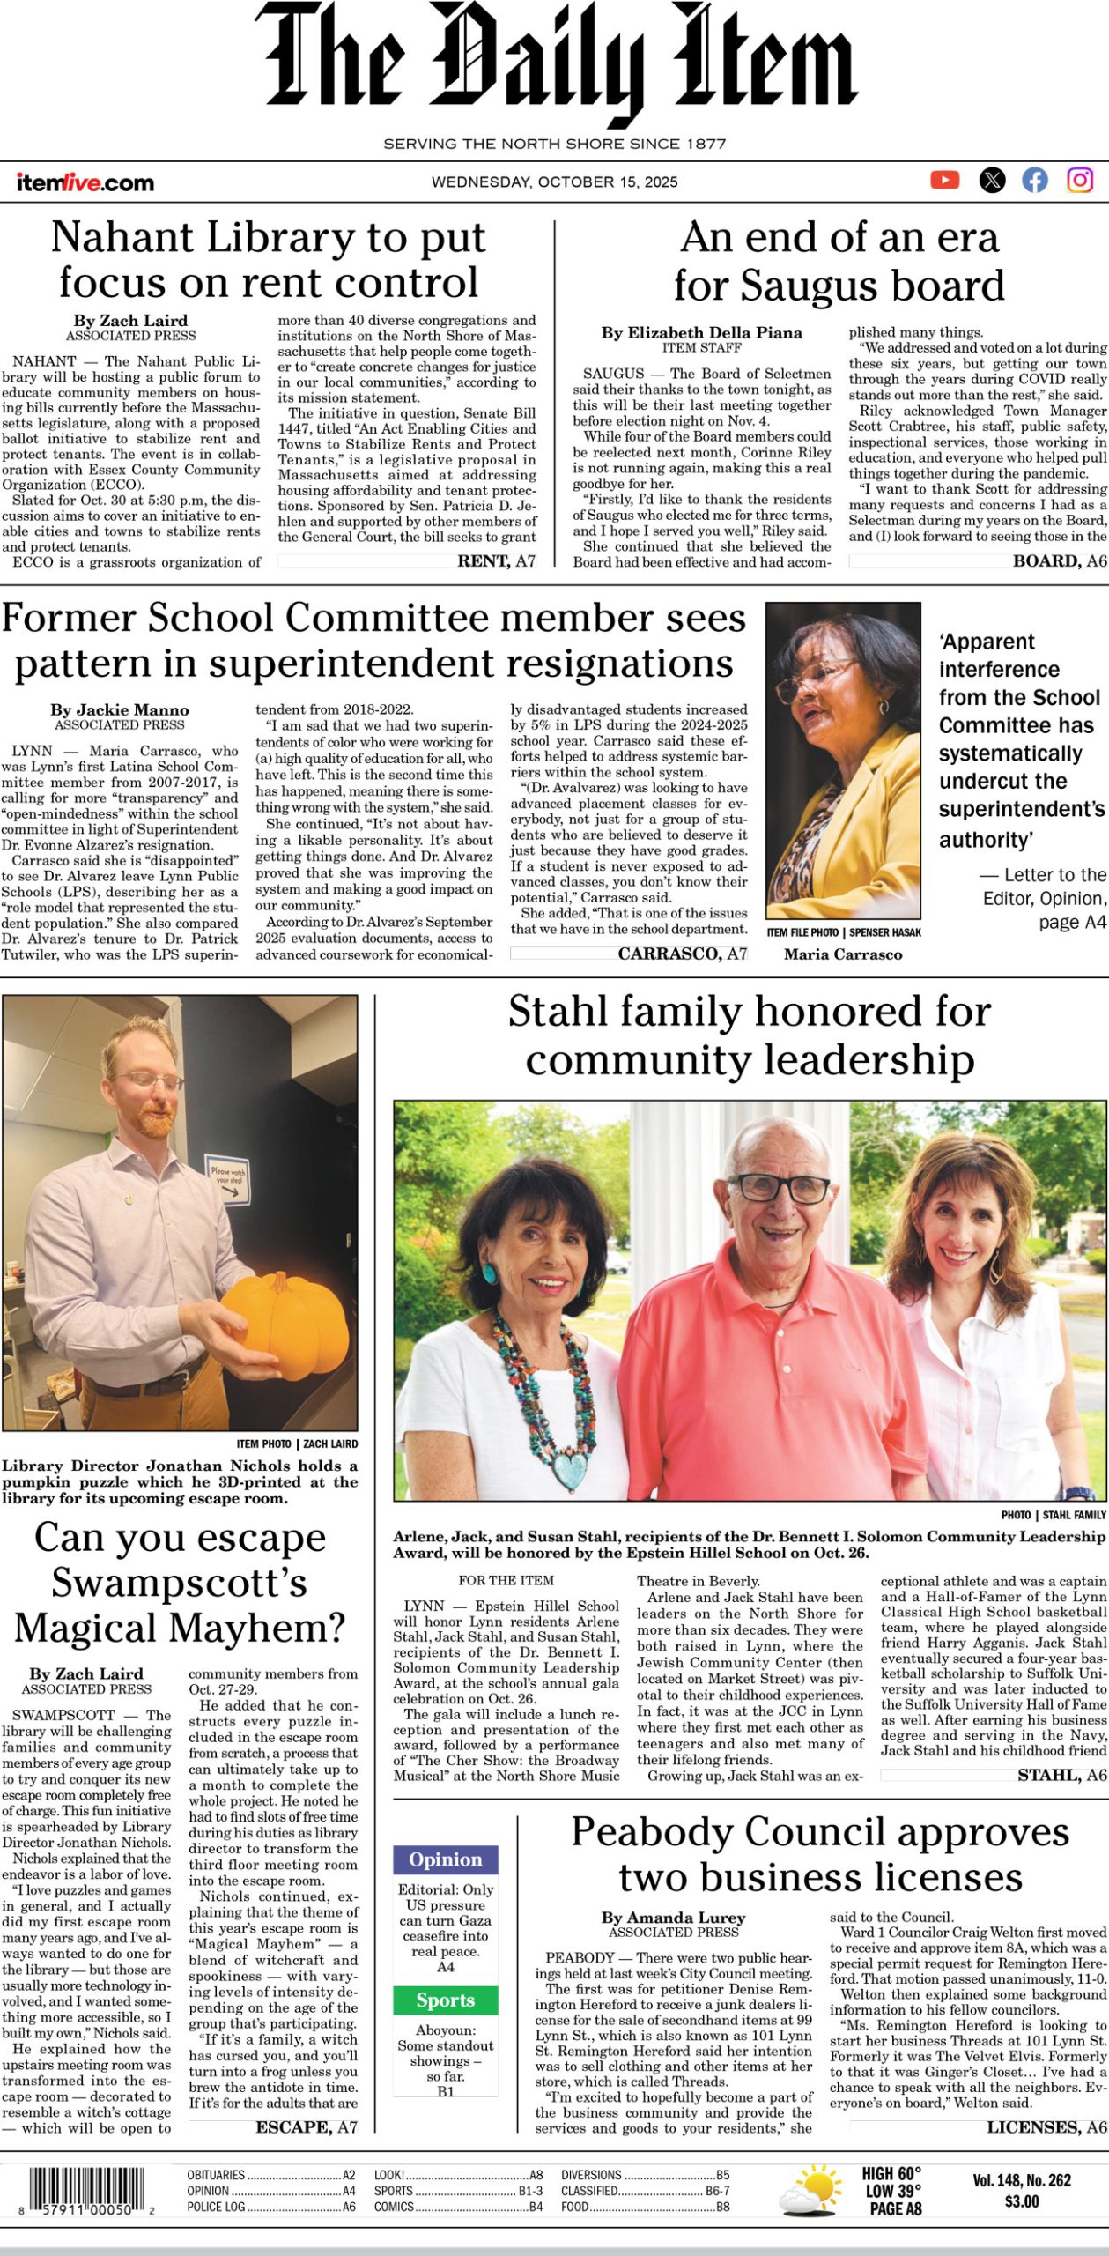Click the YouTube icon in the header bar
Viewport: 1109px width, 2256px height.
pyautogui.click(x=944, y=181)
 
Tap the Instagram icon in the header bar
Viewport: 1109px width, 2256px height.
pyautogui.click(x=1080, y=181)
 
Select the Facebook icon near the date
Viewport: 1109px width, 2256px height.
pyautogui.click(x=1035, y=181)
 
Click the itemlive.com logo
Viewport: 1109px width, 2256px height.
pyautogui.click(x=85, y=183)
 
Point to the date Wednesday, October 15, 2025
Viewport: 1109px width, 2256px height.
pyautogui.click(x=554, y=182)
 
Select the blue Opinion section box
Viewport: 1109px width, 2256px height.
pyautogui.click(x=446, y=1860)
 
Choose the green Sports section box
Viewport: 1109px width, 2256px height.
pyautogui.click(x=446, y=2000)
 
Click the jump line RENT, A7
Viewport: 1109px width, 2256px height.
pyautogui.click(x=496, y=560)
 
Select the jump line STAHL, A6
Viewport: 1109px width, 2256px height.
pyautogui.click(x=1061, y=1775)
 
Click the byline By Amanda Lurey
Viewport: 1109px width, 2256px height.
pyautogui.click(x=674, y=1918)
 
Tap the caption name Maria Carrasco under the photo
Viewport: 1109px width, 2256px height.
pyautogui.click(x=843, y=954)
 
